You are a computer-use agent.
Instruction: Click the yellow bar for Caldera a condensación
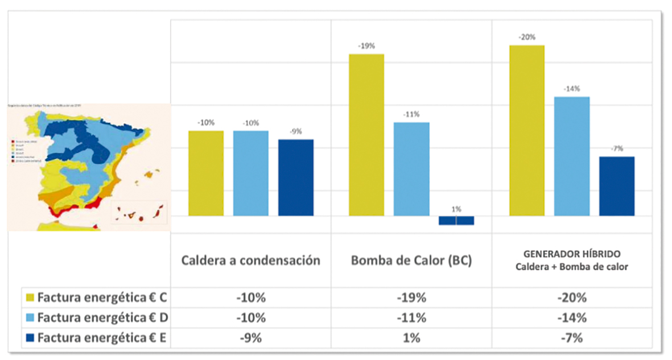205,173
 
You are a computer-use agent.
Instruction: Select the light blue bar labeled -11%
411,169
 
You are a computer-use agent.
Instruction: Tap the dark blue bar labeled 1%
456,221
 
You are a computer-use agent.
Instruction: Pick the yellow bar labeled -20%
527,130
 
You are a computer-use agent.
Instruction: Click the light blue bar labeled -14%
572,156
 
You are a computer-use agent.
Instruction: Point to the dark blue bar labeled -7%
617,186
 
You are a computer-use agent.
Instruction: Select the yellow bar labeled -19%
366,135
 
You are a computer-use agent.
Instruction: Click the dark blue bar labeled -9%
296,177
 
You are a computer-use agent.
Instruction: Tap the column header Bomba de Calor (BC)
411,260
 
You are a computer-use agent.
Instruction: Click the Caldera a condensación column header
251,260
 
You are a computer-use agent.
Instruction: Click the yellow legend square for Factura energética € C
31,297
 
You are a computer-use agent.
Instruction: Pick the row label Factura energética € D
105,317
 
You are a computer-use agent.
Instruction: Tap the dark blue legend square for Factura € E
31,338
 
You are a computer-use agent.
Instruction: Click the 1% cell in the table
411,338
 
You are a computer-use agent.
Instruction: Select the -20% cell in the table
572,297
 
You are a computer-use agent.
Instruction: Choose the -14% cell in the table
572,317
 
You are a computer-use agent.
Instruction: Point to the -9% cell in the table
251,338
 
